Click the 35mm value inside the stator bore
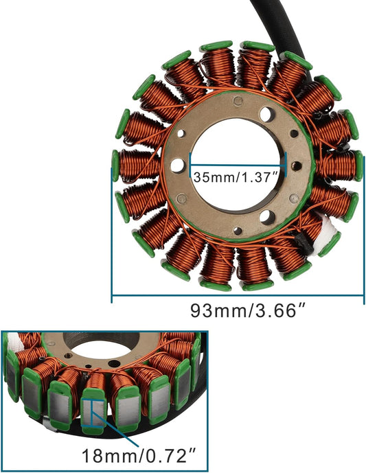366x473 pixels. tap(211, 177)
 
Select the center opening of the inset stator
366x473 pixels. tap(96, 341)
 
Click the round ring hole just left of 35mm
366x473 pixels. tap(178, 165)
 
